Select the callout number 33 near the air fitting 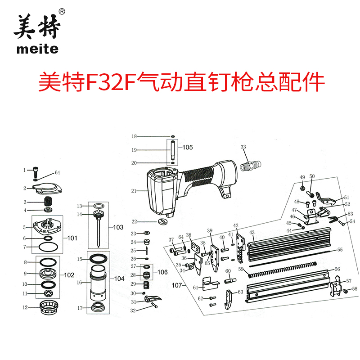pos(243,147)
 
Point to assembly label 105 pos(187,147)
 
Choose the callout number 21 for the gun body pos(133,191)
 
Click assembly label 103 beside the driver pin pos(118,228)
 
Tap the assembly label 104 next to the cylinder pos(119,279)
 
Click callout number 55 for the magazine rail pos(340,249)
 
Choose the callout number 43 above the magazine pos(252,233)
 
